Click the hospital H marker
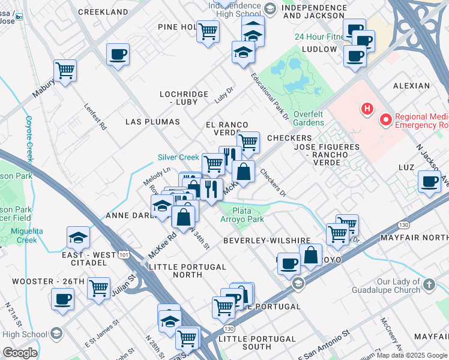point(366,109)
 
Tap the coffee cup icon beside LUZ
point(430,181)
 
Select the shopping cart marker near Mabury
point(65,70)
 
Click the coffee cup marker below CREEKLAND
point(118,55)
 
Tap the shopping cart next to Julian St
point(98,288)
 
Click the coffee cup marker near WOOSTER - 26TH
point(62,298)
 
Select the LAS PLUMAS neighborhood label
point(152,122)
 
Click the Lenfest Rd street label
point(95,118)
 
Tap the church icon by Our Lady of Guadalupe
point(429,284)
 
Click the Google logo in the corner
point(20,353)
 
